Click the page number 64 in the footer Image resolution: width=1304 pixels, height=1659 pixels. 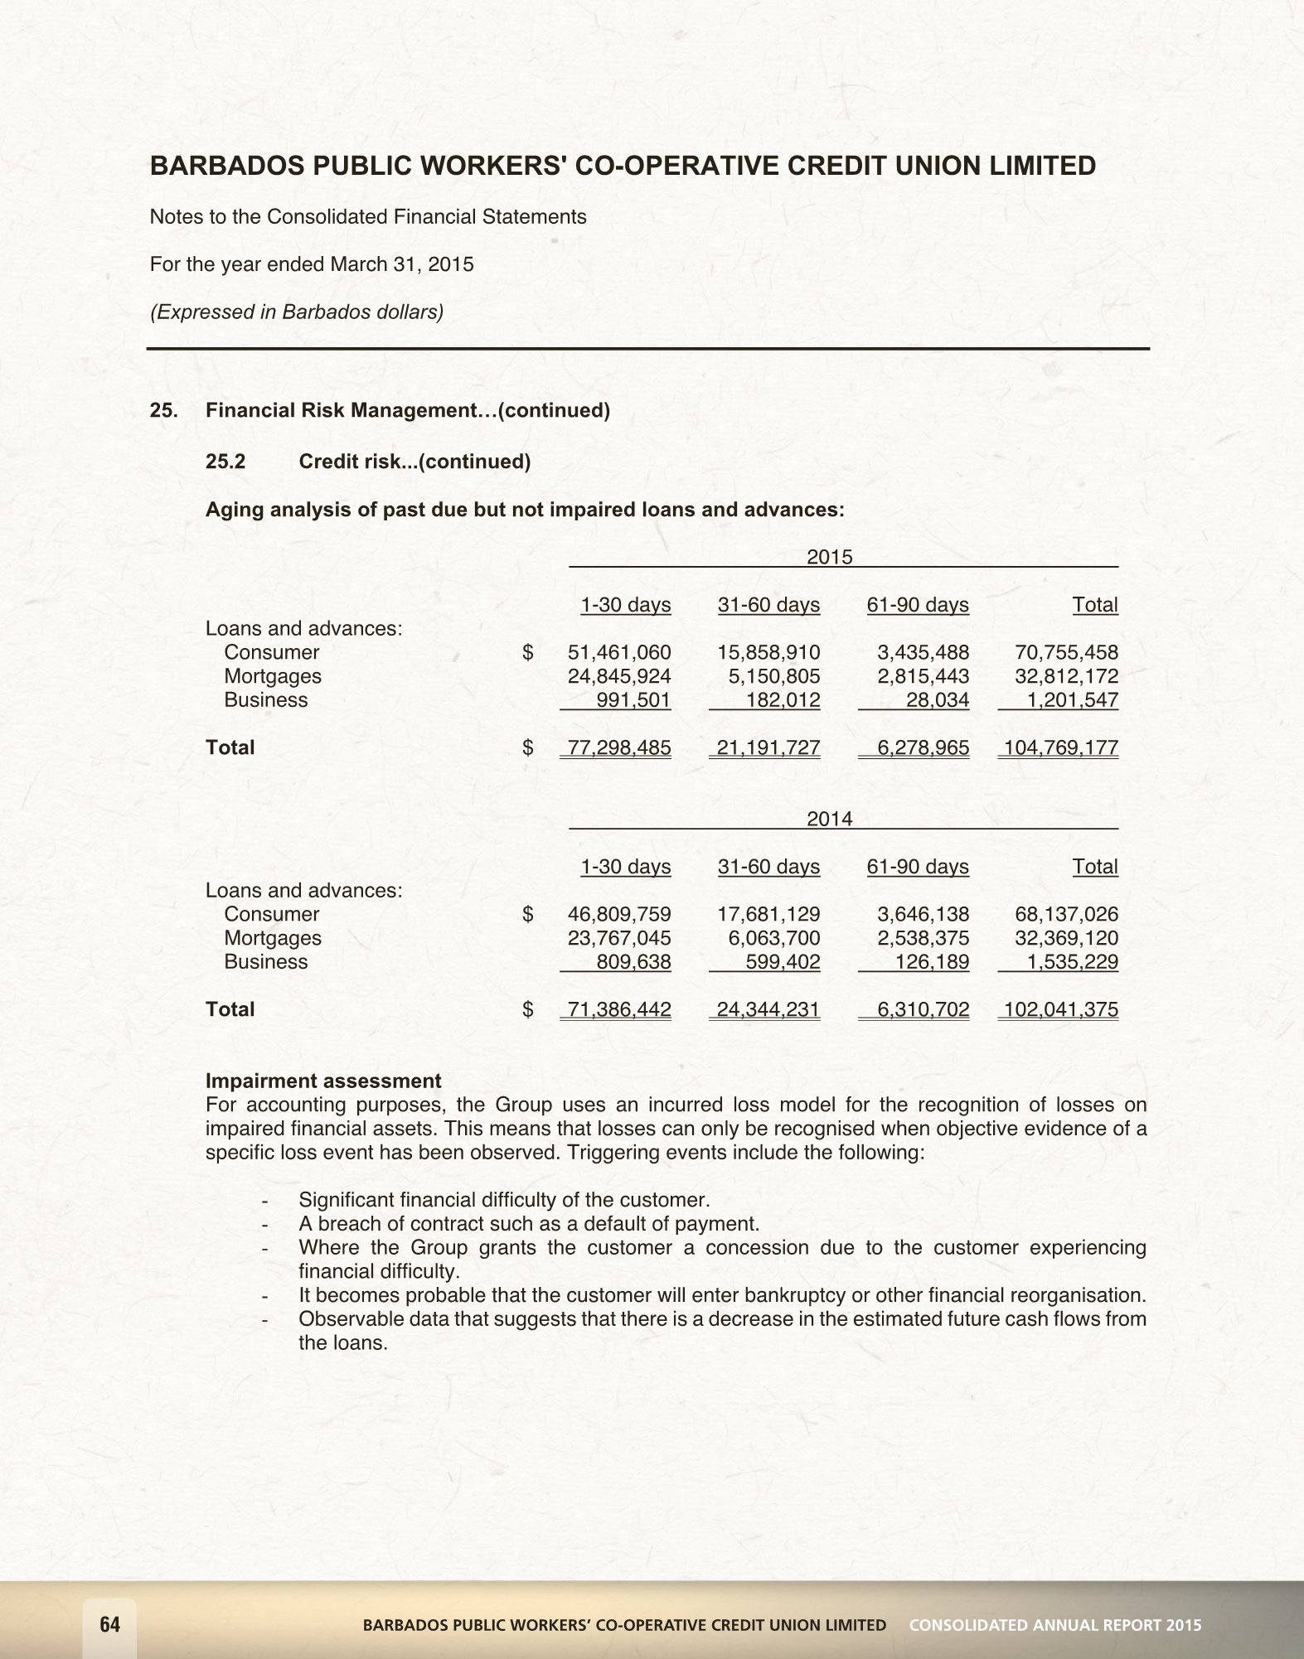click(109, 1624)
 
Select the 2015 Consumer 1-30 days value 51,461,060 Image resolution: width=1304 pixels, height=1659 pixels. click(618, 652)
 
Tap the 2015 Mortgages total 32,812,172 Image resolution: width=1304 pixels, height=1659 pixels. click(1066, 676)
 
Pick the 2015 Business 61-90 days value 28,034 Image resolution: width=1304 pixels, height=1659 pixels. click(938, 700)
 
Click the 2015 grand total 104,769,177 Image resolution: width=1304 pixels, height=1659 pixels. click(1060, 748)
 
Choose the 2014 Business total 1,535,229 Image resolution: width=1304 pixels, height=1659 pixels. click(1073, 962)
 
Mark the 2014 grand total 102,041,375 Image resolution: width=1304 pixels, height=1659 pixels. click(1060, 1010)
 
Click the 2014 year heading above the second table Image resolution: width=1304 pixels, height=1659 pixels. click(830, 819)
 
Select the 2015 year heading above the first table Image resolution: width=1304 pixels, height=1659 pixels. click(830, 557)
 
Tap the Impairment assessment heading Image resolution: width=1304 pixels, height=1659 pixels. click(323, 1081)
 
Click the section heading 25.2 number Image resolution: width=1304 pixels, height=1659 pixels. click(225, 462)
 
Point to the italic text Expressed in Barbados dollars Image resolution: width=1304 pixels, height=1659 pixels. click(296, 312)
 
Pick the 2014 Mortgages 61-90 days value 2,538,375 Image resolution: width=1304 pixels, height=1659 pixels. click(923, 938)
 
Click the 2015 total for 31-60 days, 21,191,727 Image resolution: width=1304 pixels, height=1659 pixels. click(768, 748)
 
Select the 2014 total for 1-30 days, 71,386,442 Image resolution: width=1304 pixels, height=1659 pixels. click(618, 1010)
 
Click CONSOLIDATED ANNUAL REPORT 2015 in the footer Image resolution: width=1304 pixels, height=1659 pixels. click(1054, 1625)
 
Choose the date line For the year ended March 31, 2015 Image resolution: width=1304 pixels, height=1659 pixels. click(312, 264)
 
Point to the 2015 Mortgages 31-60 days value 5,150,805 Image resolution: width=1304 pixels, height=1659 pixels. click(774, 676)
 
